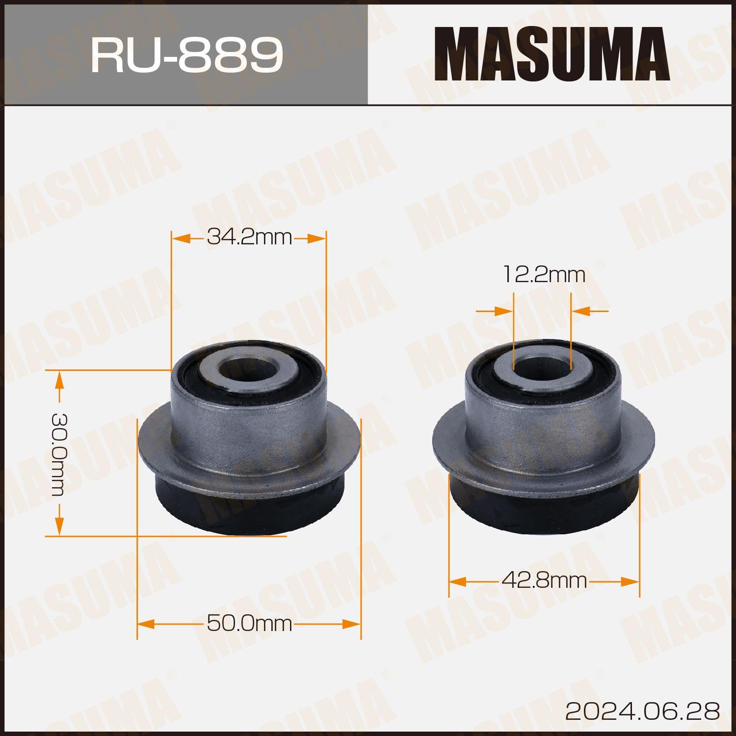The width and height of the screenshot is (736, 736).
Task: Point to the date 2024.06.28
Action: coord(643,710)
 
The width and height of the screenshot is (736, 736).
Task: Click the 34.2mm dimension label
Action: coord(249,238)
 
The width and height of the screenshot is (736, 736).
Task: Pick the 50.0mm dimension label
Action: coord(249,624)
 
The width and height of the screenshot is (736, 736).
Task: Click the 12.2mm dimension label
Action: coord(544,275)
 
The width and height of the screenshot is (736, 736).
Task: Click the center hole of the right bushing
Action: coord(542,368)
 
